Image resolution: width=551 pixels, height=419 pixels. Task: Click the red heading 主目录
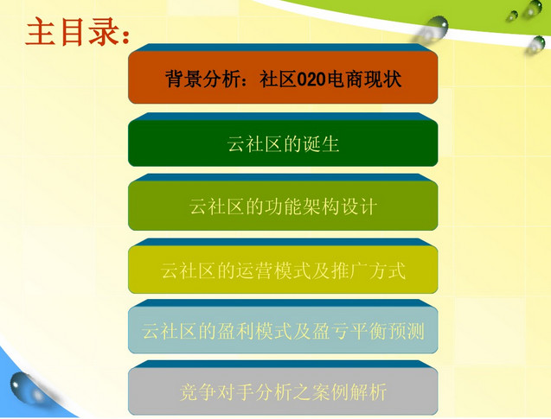(78, 32)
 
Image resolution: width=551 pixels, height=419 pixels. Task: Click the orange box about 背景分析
(283, 77)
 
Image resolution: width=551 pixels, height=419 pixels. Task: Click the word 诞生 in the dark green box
(321, 144)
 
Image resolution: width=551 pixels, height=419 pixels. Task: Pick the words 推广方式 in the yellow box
(368, 270)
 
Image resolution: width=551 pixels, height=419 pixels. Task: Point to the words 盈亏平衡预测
(368, 331)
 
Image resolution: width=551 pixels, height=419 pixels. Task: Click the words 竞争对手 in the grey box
(217, 392)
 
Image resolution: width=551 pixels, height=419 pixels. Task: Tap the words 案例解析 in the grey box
(349, 392)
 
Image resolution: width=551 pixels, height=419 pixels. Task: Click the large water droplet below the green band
(434, 28)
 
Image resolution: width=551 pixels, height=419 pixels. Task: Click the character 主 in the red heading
(41, 32)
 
